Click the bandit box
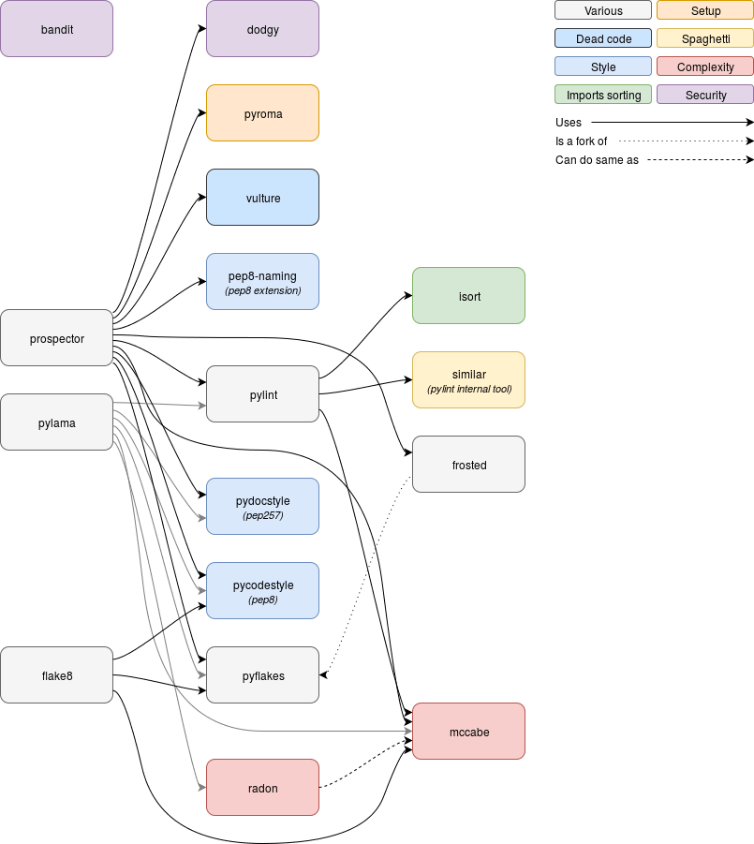57,29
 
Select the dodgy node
263,29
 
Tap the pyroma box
263,113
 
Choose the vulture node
263,198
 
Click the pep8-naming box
263,281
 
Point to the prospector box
57,338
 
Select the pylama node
57,422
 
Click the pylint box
263,394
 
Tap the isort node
469,296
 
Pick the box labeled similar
469,380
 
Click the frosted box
469,465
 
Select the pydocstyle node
263,507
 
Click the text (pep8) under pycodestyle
263,600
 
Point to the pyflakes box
263,675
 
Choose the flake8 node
57,675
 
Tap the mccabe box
469,732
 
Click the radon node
263,788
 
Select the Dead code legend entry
603,39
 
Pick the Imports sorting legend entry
603,95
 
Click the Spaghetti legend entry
705,39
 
